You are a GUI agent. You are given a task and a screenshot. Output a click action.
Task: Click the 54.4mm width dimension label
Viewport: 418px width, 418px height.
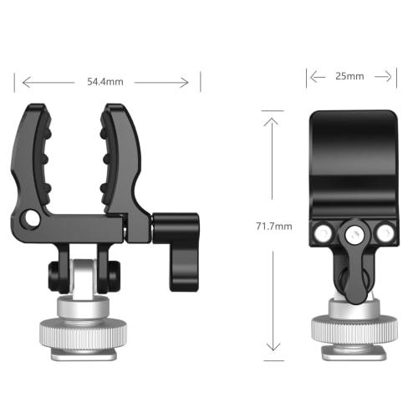[104, 82]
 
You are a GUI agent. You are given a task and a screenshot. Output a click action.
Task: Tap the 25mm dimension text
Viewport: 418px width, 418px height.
[349, 76]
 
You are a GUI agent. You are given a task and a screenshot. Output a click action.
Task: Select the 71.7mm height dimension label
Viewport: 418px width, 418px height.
[275, 227]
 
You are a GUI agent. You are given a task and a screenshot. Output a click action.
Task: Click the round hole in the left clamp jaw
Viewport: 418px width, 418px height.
[32, 218]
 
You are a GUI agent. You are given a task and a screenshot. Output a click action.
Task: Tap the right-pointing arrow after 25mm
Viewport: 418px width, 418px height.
[387, 76]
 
